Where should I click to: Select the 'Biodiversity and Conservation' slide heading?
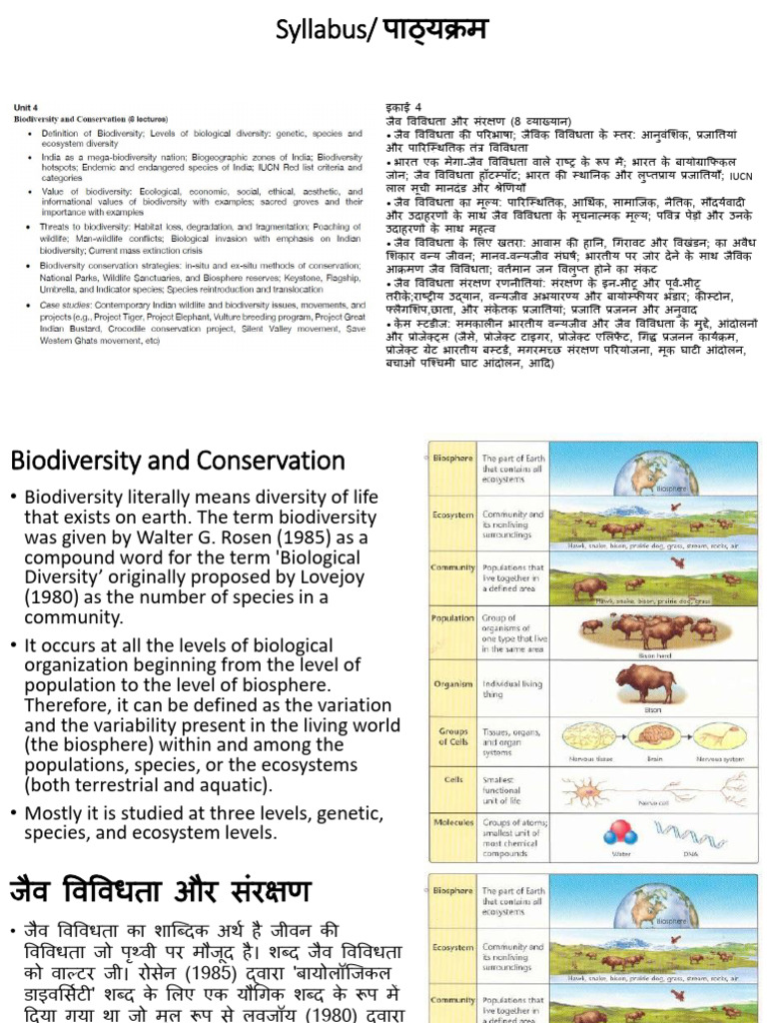177,461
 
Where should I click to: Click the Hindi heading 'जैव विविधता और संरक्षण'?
160,890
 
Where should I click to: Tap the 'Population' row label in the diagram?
451,618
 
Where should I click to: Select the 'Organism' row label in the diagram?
452,685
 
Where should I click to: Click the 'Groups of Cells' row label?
452,735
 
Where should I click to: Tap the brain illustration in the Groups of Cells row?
652,736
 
